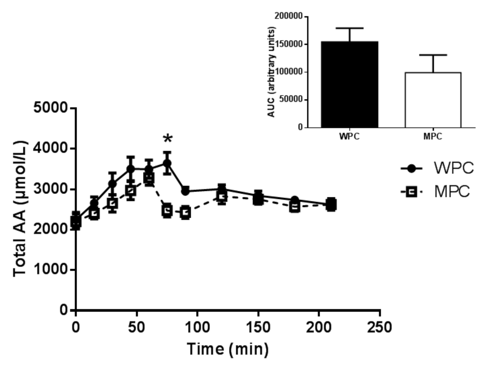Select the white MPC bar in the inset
pyautogui.click(x=432, y=100)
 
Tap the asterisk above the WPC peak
pyautogui.click(x=167, y=139)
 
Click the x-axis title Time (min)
pyautogui.click(x=227, y=349)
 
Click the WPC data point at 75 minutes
pyautogui.click(x=167, y=163)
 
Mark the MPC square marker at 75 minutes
pyautogui.click(x=167, y=210)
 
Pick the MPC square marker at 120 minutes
pyautogui.click(x=222, y=197)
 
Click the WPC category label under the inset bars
pyautogui.click(x=350, y=136)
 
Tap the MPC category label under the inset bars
pyautogui.click(x=432, y=136)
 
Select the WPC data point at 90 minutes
pyautogui.click(x=185, y=191)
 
